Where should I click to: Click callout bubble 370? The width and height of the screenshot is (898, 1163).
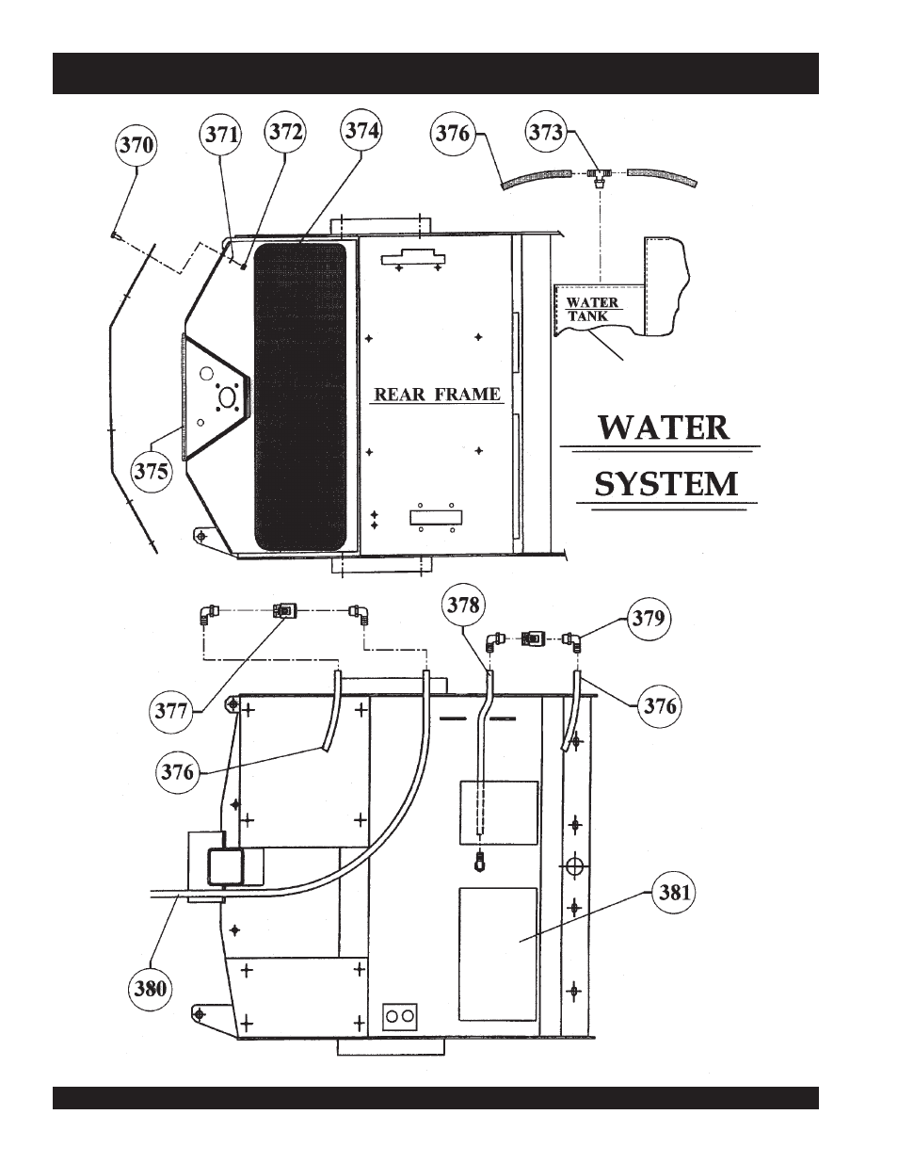136,147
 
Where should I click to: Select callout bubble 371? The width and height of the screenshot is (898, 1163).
221,135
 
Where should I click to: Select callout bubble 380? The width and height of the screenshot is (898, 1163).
151,989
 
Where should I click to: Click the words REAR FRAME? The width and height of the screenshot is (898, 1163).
437,395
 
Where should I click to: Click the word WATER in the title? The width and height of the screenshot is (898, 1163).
664,428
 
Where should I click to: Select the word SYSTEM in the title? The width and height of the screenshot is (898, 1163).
665,484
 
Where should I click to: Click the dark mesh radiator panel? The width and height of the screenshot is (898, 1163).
300,396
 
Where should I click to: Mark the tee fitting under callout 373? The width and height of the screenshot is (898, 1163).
597,175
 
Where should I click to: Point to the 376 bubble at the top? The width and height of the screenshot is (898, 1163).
452,133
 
